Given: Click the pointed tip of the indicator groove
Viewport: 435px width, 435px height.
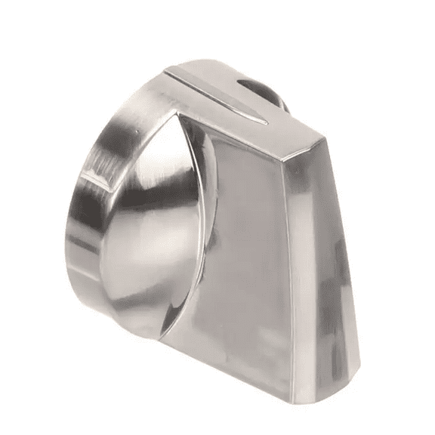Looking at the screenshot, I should [x=264, y=121].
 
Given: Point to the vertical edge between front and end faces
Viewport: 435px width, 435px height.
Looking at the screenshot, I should [x=310, y=257].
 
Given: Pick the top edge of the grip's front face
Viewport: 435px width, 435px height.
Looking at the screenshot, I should [x=242, y=128].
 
